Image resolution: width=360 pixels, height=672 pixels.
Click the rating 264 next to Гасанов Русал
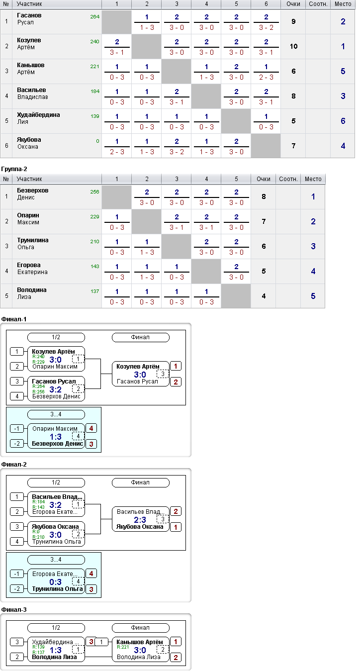95,17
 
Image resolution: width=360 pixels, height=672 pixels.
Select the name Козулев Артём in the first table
29,44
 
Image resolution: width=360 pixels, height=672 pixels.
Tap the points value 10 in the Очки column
293,46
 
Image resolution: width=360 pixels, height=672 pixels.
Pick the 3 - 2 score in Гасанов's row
266,27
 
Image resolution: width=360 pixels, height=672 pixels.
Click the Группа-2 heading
14,169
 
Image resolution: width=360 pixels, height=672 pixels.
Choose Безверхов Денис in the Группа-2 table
32,194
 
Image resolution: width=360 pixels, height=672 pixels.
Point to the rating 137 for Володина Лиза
95,291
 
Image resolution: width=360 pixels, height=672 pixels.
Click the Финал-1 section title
14,319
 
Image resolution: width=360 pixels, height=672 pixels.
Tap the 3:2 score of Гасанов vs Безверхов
56,389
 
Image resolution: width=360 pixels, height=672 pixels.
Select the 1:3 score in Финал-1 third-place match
56,437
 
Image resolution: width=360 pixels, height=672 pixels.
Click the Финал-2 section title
14,465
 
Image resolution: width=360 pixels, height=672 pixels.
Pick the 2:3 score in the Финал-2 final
140,520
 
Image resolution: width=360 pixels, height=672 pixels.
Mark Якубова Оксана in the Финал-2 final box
140,527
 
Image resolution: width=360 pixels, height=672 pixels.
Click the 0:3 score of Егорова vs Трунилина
56,582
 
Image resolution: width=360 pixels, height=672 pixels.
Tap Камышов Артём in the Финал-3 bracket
140,642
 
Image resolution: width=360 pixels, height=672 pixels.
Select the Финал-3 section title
14,610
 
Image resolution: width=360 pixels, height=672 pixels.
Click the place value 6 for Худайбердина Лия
343,121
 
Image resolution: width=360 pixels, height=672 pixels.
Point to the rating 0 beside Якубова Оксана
97,141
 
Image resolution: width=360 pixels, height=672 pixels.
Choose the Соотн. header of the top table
318,4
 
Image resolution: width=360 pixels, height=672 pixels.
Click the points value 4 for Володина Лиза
264,296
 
